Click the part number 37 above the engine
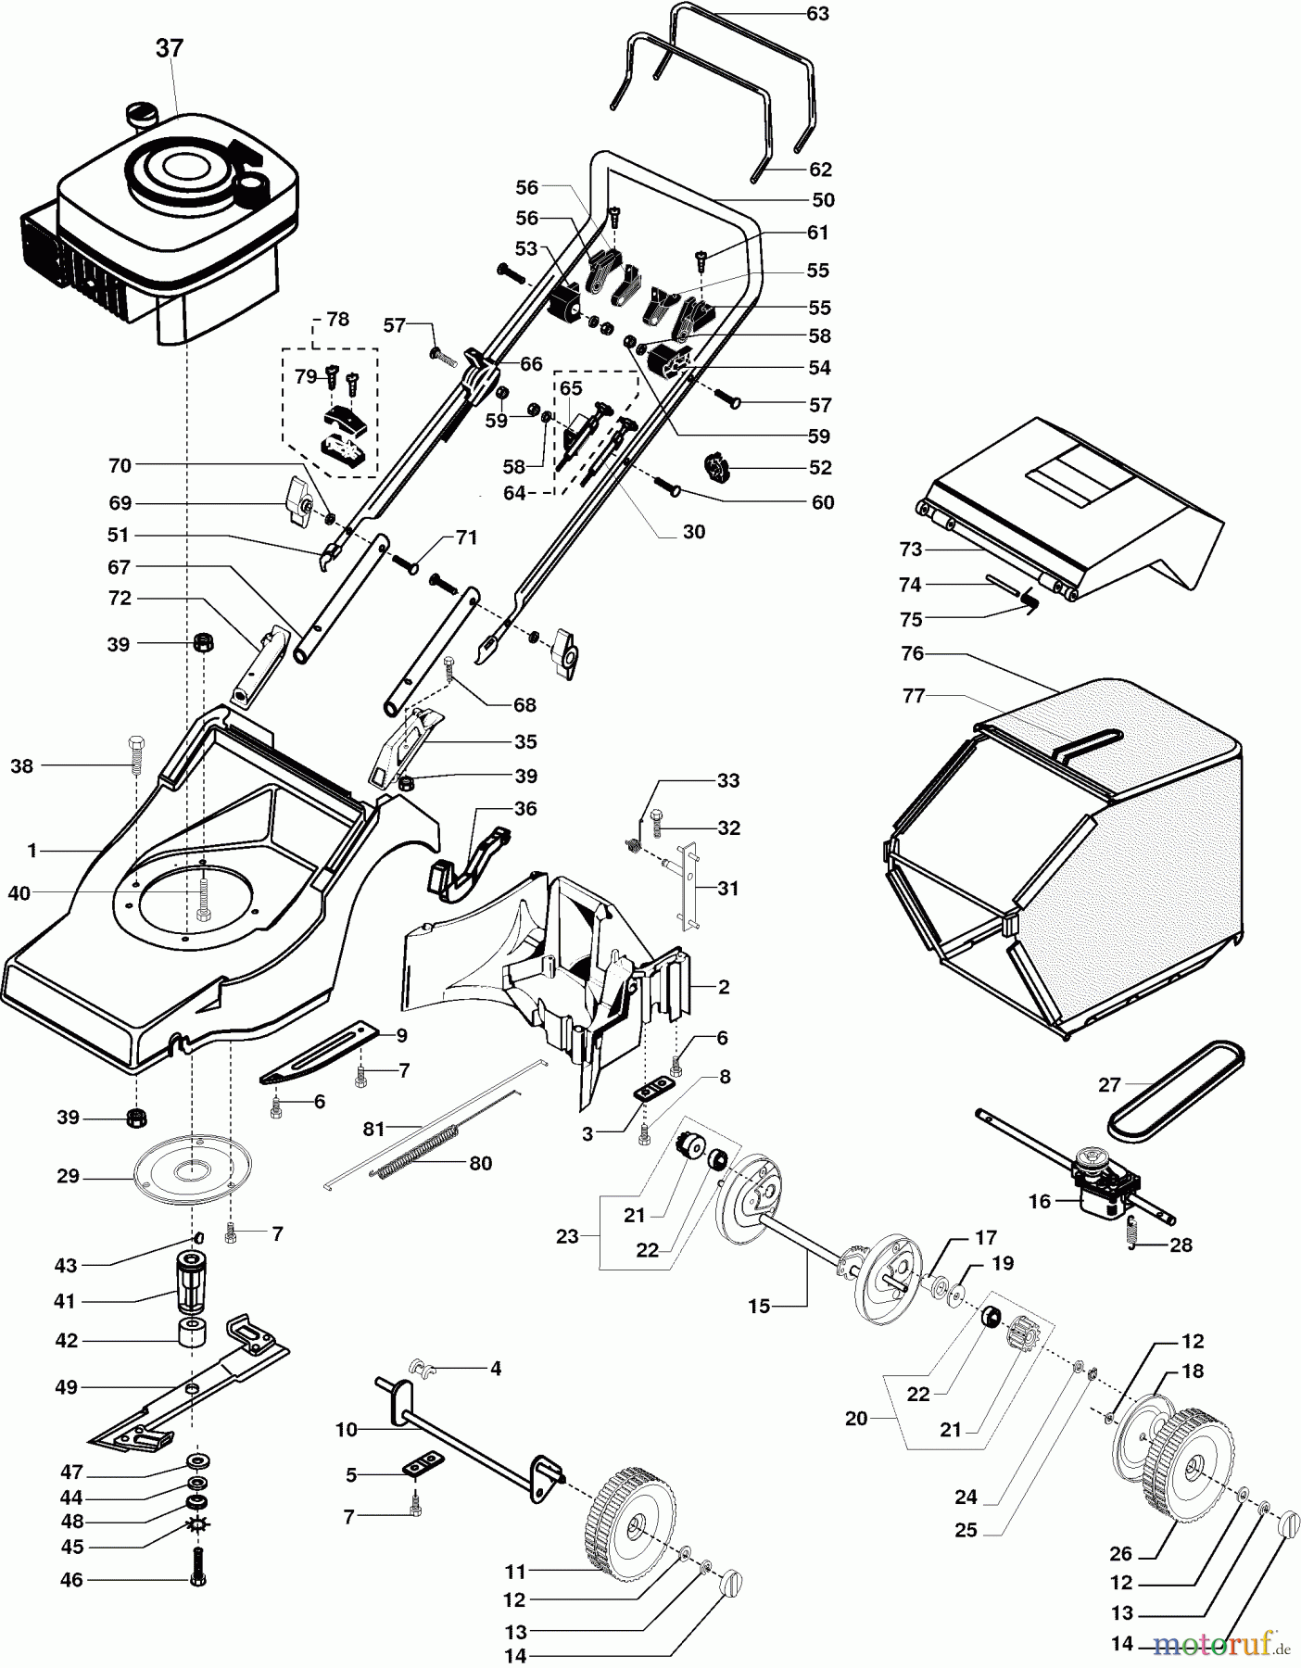point(169,48)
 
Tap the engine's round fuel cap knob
point(144,116)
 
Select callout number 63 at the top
point(817,14)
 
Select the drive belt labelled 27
point(1176,1088)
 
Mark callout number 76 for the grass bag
point(913,653)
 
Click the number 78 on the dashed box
point(338,319)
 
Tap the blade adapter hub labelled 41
point(193,1283)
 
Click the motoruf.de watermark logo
point(1223,1644)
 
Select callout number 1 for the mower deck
point(32,850)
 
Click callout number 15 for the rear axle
point(759,1307)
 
